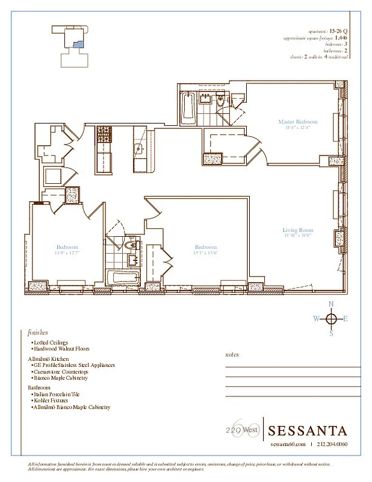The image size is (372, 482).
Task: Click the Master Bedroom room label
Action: [297, 122]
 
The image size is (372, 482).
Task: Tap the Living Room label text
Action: [297, 230]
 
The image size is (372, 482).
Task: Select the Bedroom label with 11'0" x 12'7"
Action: [67, 247]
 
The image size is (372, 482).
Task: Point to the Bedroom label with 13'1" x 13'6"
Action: [205, 247]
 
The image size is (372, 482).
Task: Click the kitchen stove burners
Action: [104, 133]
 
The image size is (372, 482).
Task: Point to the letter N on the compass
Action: [330, 304]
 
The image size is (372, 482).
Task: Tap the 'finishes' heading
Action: [37, 332]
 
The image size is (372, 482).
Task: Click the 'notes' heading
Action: [232, 355]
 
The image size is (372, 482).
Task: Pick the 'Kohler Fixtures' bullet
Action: [51, 400]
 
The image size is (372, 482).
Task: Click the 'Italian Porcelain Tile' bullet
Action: [55, 393]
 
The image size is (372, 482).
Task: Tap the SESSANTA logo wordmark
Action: [307, 431]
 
